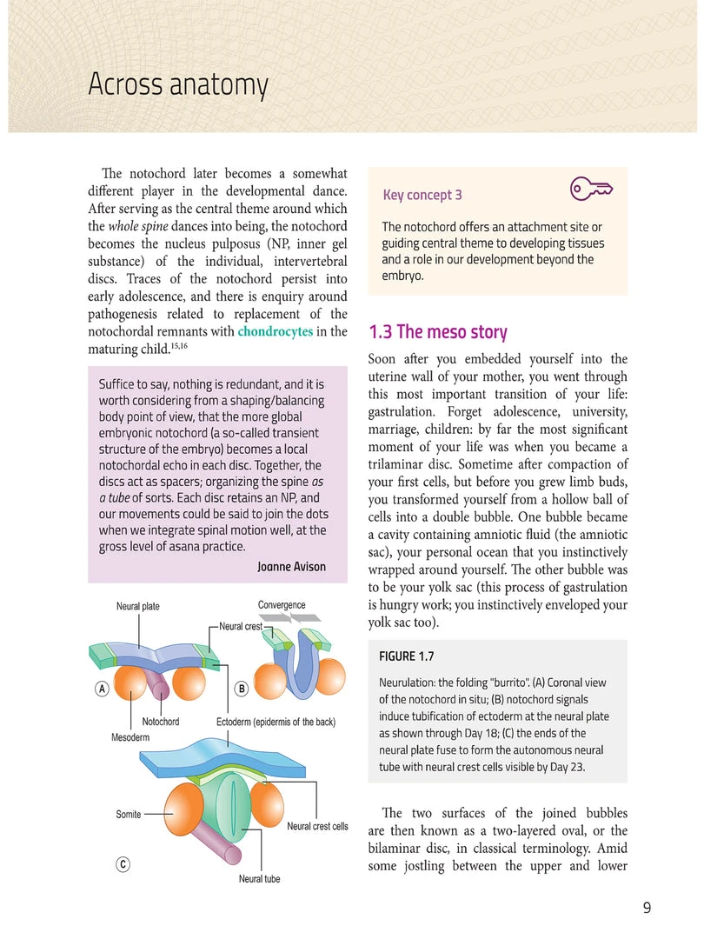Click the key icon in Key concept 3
pos(591,189)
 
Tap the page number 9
pos(647,909)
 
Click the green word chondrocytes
pos(275,331)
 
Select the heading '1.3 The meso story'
pos(438,332)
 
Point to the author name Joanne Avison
pos(291,567)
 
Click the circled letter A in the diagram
pos(102,689)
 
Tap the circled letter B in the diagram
pos(242,689)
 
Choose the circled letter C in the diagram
pos(123,864)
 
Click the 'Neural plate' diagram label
pos(138,606)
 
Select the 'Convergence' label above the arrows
pos(282,605)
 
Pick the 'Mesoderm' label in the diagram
pos(130,737)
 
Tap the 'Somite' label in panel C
pos(129,815)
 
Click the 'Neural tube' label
pos(259,879)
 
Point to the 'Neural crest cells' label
pos(317,826)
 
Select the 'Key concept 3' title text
pos(422,196)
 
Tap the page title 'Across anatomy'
pos(177,85)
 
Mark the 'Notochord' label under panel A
pos(161,722)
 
